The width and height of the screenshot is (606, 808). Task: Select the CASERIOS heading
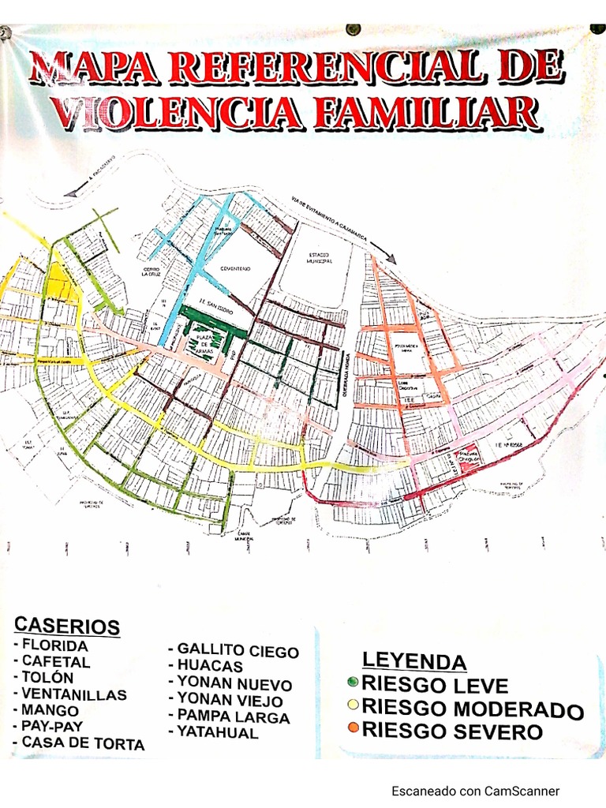[67, 626]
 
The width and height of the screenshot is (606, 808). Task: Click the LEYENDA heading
[414, 661]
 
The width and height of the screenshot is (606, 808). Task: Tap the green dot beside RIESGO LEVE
[352, 682]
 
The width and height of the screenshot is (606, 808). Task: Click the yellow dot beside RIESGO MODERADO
[352, 705]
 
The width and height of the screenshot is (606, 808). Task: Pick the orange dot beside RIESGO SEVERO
[352, 727]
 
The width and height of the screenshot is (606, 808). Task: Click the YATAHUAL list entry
[218, 732]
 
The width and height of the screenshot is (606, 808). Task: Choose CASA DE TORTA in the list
[83, 743]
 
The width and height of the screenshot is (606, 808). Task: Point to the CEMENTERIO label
[236, 269]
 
